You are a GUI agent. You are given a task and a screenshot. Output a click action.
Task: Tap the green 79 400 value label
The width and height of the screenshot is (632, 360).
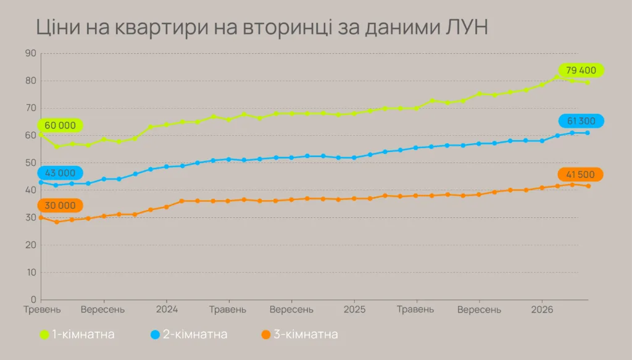[x=580, y=70]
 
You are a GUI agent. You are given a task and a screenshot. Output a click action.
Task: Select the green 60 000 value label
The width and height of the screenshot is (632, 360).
[x=60, y=125]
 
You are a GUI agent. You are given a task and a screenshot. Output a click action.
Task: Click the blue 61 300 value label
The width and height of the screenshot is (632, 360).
[x=581, y=121]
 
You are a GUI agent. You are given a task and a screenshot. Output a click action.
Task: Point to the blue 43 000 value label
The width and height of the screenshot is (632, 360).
[x=60, y=174]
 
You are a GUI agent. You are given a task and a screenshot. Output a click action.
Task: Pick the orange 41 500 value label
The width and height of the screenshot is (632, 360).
[x=580, y=175]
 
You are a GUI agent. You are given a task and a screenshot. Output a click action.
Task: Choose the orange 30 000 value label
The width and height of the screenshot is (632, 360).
[x=60, y=206]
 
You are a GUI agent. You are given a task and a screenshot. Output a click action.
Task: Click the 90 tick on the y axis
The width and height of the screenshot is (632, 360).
[x=30, y=54]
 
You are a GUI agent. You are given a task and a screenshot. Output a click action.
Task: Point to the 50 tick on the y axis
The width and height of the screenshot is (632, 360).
[x=30, y=163]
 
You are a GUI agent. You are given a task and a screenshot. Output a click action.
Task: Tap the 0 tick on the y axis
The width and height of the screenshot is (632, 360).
[x=33, y=300]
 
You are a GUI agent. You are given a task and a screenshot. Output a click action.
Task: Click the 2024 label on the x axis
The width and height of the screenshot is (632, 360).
[x=167, y=309]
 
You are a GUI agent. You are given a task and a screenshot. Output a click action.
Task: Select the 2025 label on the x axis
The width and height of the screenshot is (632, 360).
[x=354, y=309]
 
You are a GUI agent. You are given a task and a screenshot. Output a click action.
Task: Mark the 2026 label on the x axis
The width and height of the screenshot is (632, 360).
[x=542, y=309]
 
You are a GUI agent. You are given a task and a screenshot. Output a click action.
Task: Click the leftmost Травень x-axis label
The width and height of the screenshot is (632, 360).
[x=42, y=309]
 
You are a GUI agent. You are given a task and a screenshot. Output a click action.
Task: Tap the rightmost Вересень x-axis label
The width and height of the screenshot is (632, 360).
[x=479, y=309]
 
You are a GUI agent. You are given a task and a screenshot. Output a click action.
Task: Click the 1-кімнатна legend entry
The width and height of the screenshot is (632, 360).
[x=77, y=335]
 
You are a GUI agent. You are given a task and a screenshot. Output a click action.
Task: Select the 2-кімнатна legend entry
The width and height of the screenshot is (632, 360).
[x=189, y=335]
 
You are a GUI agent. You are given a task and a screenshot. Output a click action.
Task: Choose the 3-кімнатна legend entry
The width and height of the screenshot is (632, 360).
[x=299, y=335]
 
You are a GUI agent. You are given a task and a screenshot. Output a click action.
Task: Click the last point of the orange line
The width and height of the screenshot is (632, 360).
[x=588, y=186]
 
